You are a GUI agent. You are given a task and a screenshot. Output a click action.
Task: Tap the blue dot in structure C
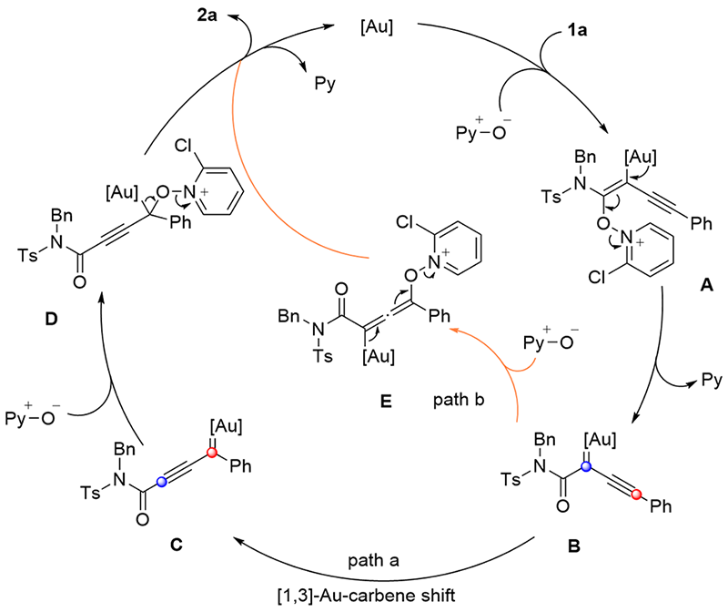(x=161, y=482)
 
